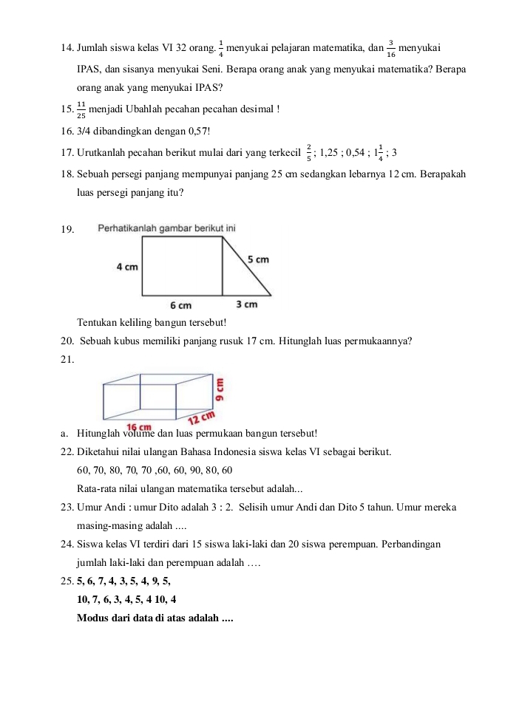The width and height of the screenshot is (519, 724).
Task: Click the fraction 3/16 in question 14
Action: (x=390, y=49)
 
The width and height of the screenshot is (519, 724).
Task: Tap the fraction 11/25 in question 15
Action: (x=81, y=109)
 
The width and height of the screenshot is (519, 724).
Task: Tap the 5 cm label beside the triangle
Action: (x=258, y=259)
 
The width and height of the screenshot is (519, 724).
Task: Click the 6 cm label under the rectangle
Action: (x=180, y=304)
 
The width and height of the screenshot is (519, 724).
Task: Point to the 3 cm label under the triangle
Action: (x=247, y=304)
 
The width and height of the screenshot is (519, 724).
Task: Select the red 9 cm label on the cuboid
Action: (x=220, y=388)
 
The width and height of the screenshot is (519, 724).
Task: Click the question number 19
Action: (x=68, y=229)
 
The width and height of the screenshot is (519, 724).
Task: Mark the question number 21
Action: (x=68, y=360)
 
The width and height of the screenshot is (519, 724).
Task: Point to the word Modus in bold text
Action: (x=94, y=618)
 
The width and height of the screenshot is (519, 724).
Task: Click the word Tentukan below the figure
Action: (x=97, y=322)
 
